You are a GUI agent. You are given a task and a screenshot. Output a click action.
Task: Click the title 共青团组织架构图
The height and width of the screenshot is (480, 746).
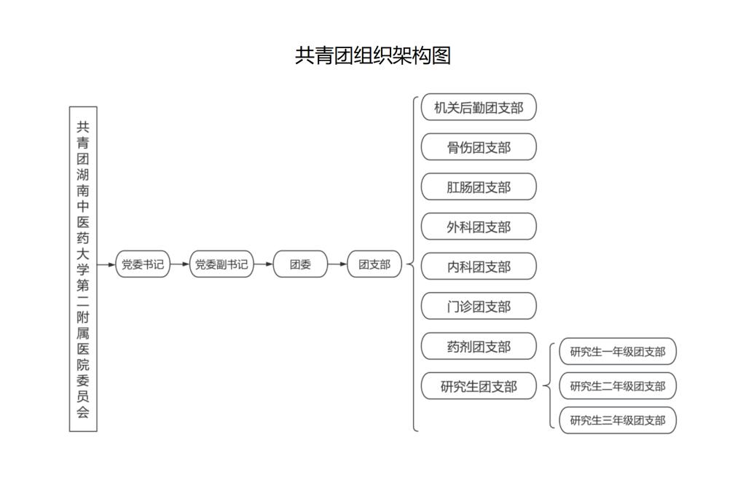[372, 55]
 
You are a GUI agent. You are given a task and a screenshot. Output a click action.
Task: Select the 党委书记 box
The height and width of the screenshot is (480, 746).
[143, 264]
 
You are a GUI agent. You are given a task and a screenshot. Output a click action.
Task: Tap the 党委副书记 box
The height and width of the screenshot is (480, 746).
[221, 264]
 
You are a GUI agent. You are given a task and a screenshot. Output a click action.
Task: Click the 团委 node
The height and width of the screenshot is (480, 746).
[300, 264]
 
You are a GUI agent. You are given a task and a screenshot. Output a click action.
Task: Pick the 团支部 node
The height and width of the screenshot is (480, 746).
[374, 264]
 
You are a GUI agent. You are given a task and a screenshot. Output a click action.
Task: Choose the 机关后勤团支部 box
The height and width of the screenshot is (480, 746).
[479, 107]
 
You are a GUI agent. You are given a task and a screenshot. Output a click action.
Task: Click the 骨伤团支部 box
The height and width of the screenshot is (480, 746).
[479, 147]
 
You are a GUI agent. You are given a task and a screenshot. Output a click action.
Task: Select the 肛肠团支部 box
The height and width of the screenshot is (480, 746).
[479, 187]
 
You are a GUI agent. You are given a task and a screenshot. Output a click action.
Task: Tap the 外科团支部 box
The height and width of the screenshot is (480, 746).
[479, 227]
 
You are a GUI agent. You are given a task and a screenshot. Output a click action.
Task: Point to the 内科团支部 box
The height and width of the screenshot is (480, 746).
[479, 267]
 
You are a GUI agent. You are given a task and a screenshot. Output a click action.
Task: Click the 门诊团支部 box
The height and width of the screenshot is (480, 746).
[479, 307]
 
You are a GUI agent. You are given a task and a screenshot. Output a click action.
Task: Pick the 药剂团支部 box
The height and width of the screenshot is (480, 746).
[479, 346]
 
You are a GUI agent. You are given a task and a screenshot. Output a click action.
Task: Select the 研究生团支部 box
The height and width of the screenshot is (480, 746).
[479, 386]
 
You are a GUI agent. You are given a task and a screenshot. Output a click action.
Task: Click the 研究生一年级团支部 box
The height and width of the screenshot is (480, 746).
[618, 352]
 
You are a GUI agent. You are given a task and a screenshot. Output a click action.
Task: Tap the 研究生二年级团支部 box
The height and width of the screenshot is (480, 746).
[618, 386]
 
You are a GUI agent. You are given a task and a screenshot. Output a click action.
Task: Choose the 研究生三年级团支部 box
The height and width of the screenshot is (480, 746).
[618, 420]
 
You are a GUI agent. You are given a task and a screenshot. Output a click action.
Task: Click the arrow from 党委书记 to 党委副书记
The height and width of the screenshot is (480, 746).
[180, 264]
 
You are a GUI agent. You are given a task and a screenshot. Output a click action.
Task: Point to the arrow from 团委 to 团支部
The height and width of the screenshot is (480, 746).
[337, 264]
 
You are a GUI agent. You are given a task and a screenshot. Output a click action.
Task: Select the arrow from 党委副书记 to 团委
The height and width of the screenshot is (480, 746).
[264, 264]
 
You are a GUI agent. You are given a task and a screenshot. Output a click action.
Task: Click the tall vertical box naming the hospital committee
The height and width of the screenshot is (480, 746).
[83, 269]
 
